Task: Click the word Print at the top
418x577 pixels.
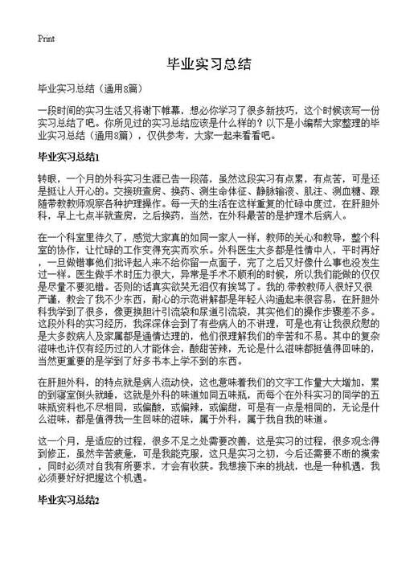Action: coord(46,38)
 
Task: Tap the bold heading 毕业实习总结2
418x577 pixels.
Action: coord(68,501)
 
